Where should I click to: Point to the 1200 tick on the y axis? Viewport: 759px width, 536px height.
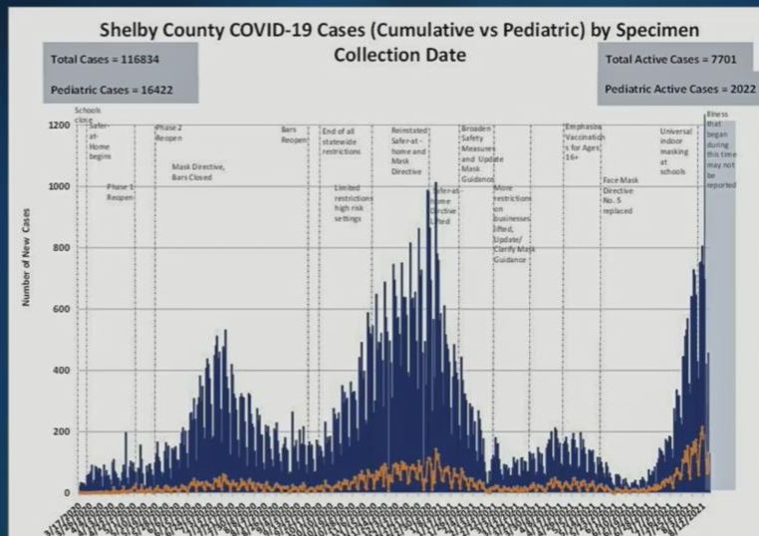(58, 126)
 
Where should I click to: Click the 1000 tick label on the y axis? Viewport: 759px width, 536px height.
(58, 186)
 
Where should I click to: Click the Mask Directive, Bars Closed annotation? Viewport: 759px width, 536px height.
(199, 172)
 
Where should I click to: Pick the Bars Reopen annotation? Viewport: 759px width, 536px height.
(296, 134)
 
